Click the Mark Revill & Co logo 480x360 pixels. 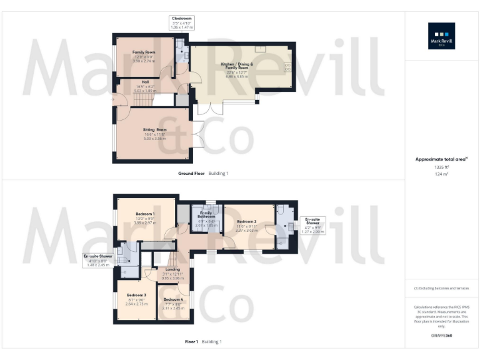(441, 36)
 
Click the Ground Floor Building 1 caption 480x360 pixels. (204, 173)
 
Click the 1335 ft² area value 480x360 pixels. (441, 167)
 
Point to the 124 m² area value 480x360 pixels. (441, 174)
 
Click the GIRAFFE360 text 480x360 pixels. (441, 336)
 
